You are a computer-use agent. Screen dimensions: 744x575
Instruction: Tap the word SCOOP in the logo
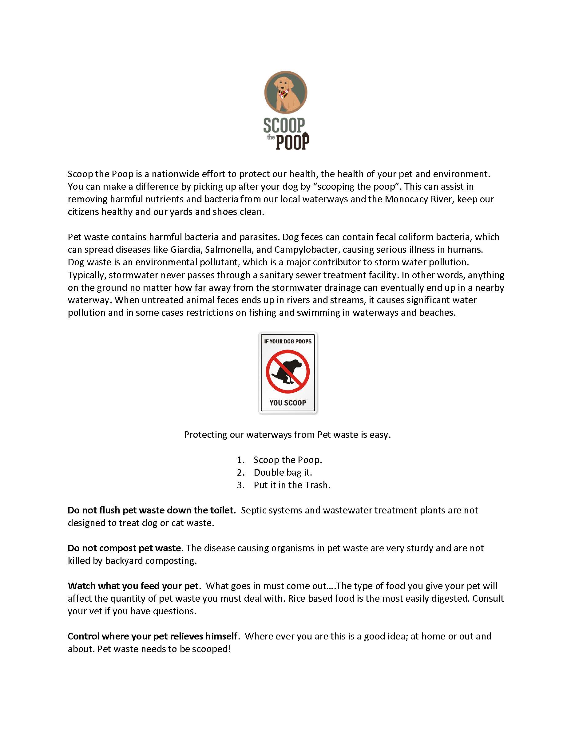point(284,126)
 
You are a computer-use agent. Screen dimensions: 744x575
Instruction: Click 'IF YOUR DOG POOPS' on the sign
point(288,341)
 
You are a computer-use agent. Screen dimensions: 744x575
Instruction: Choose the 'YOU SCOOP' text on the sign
point(288,403)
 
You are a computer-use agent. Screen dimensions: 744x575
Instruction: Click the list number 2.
point(240,473)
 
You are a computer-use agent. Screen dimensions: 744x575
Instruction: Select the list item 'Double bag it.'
point(283,473)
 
